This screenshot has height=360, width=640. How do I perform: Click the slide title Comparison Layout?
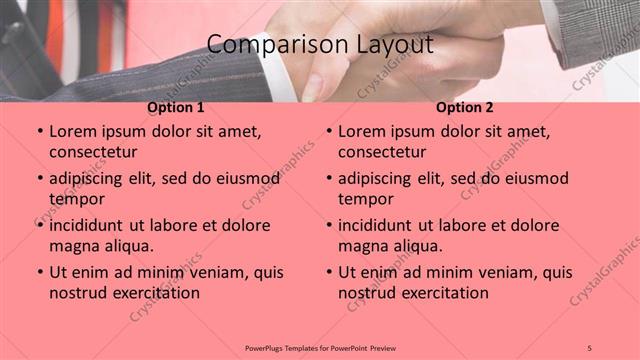[320, 45]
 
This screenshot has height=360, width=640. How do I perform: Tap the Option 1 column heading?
[176, 107]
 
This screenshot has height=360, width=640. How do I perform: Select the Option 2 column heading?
[465, 107]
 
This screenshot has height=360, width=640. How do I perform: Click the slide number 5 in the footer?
[590, 347]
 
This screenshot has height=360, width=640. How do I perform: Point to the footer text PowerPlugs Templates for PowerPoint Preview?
[320, 347]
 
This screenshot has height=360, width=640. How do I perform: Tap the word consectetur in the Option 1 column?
[93, 152]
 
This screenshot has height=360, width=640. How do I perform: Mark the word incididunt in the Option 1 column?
[91, 225]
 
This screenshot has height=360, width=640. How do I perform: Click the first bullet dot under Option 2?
[328, 132]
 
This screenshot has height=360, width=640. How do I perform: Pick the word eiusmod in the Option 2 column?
[534, 179]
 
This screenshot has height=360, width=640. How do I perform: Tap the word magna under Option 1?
[75, 246]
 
